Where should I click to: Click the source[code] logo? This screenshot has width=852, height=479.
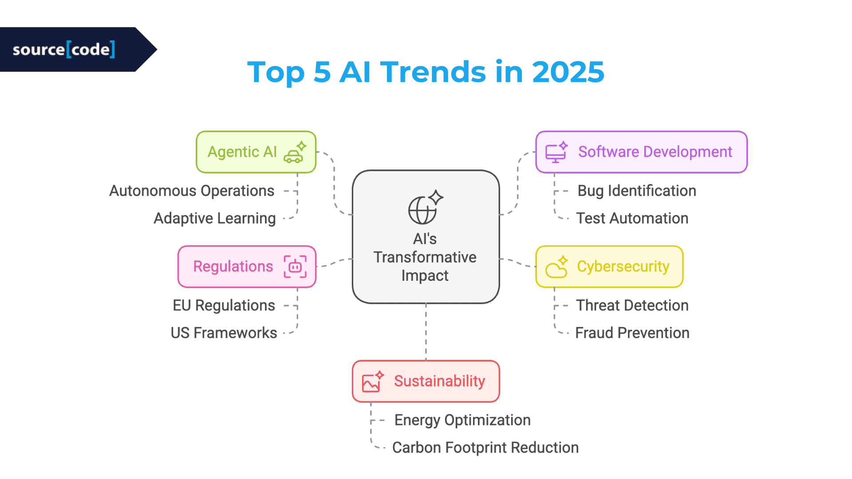(64, 49)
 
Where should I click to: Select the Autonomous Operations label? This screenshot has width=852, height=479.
(192, 191)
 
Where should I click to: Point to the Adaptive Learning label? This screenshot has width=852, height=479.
(214, 218)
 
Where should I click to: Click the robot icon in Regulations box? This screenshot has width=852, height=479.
(295, 267)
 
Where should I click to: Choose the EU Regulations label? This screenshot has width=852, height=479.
(224, 306)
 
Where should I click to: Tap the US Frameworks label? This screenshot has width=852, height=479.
(224, 333)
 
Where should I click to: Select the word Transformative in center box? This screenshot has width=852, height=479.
(425, 257)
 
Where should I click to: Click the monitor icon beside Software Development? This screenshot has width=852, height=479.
(556, 153)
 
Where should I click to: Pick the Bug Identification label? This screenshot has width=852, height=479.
(636, 191)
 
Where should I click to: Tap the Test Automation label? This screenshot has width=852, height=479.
(632, 218)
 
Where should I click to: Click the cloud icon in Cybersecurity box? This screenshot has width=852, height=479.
(556, 268)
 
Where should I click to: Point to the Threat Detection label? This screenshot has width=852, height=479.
(632, 306)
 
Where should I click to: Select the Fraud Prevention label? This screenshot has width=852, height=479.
(632, 333)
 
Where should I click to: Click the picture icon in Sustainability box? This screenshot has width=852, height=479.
(371, 382)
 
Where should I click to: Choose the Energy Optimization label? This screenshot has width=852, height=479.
(462, 420)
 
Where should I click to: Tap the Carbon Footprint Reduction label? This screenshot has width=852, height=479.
(485, 448)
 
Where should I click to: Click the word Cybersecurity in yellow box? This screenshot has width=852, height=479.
(623, 267)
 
